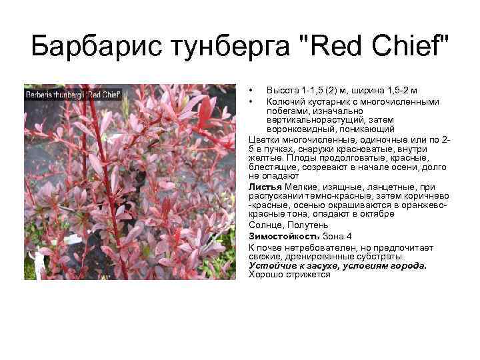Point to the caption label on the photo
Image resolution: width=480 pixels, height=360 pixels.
point(73,94)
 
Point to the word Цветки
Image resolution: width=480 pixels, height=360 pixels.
point(263,139)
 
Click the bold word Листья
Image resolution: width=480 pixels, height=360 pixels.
point(265,187)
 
